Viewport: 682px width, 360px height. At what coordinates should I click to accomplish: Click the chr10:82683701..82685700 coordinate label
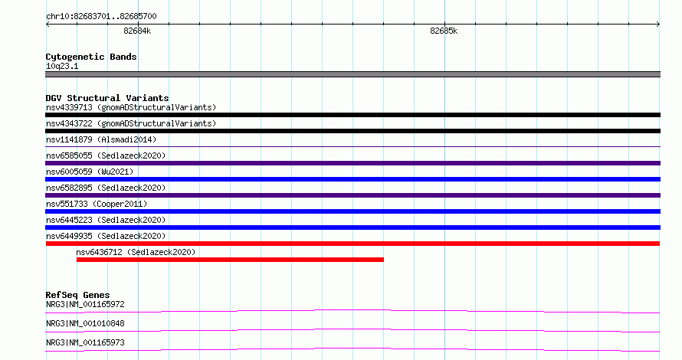tap(101, 16)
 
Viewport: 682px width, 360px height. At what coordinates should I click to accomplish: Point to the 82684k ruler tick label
tap(137, 31)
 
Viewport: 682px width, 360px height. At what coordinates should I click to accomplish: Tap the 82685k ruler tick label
tap(444, 31)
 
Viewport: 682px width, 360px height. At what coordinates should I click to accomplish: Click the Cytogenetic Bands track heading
tap(91, 57)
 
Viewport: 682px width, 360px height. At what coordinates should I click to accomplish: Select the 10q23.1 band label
tap(62, 66)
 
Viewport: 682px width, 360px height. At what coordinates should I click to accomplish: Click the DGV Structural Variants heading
tap(107, 98)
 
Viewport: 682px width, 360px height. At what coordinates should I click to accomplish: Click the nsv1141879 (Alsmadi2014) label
tap(101, 139)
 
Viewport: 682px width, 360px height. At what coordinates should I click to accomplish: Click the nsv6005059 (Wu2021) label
tap(90, 172)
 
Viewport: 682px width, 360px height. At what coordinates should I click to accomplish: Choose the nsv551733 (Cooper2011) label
tap(97, 204)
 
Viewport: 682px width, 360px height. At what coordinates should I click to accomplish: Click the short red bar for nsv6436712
tap(230, 260)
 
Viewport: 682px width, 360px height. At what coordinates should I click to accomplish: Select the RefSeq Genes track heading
tap(77, 295)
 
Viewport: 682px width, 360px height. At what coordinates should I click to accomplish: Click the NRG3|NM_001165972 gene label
tap(85, 304)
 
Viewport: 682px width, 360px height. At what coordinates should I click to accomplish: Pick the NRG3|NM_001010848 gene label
tap(85, 323)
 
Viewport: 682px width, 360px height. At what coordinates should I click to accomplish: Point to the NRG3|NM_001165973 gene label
tap(85, 342)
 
